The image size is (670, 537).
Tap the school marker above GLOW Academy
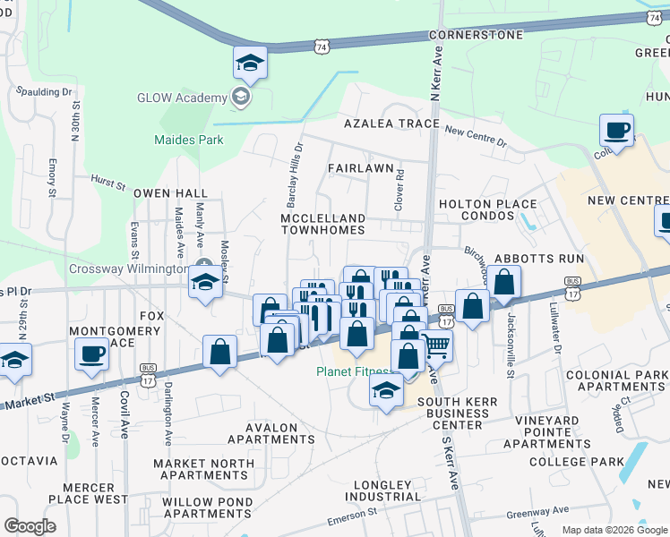pos(250,63)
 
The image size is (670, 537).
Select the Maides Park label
pos(189,140)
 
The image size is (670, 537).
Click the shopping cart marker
pos(435,344)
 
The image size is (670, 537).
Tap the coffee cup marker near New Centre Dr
pos(616,131)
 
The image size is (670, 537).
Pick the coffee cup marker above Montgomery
pos(90,354)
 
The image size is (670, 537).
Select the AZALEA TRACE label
pos(383,124)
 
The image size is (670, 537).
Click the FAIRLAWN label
pos(360,167)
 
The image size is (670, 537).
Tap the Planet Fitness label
pos(355,371)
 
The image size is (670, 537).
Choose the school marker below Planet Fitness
pos(386,391)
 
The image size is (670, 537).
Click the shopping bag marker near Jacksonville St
pos(504,282)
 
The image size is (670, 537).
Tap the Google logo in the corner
pos(30,526)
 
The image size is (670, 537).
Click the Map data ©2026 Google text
pos(614,530)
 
